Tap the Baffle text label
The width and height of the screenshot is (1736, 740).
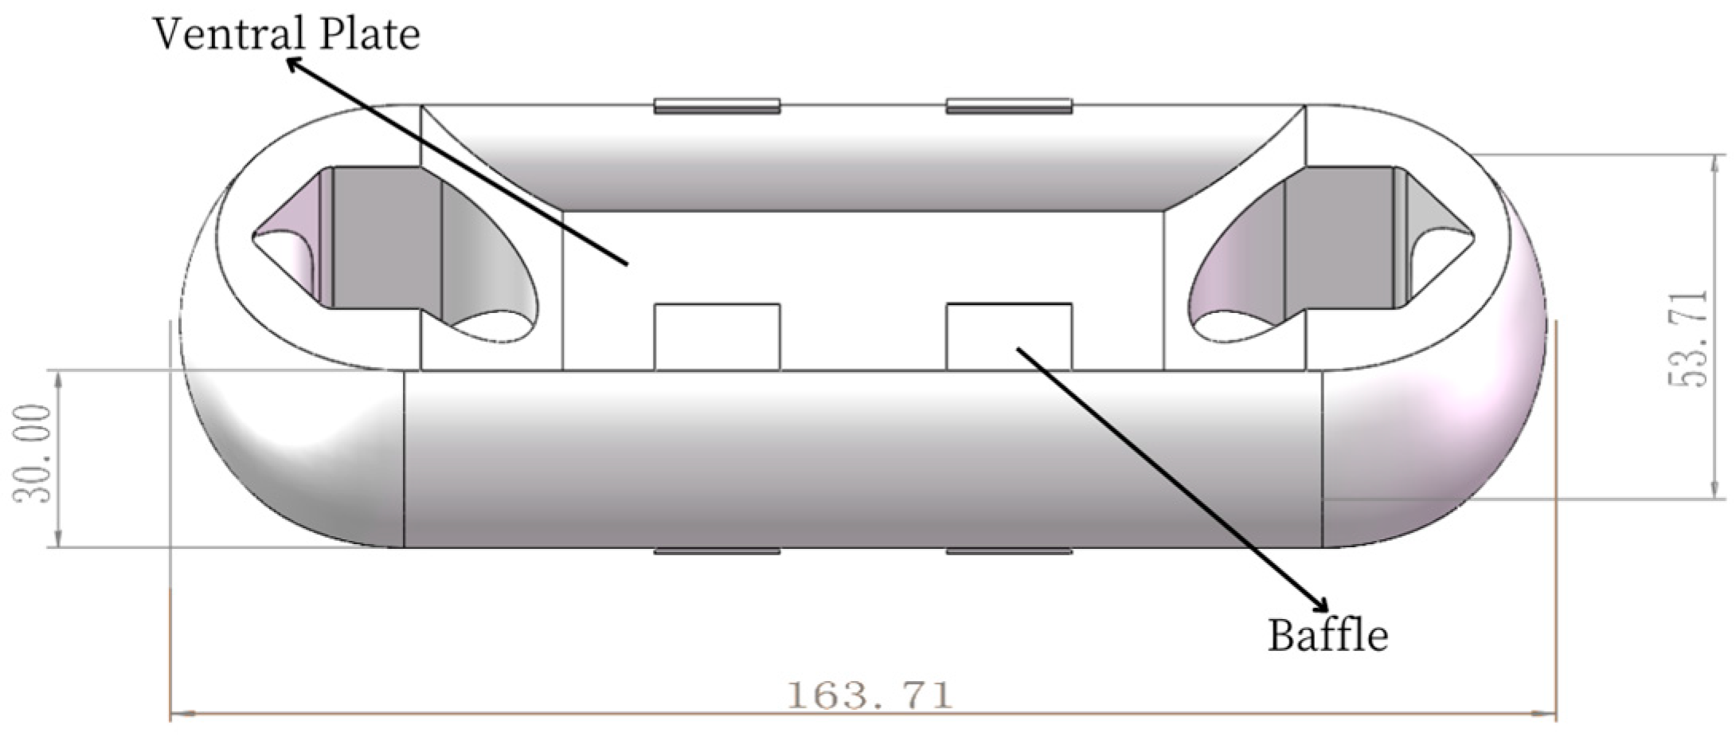[1327, 636]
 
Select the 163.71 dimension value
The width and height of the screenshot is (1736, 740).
[869, 695]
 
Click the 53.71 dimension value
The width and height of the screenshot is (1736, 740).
[1687, 339]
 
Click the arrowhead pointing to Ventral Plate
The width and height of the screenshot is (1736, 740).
[293, 63]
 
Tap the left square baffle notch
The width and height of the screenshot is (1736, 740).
[716, 336]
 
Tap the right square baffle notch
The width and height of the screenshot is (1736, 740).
[1008, 336]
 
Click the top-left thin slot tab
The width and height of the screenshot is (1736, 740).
[716, 105]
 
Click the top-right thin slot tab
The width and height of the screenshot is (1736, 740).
[1008, 105]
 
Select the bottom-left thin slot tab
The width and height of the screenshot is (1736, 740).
[716, 551]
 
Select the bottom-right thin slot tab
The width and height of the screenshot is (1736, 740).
[1008, 551]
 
